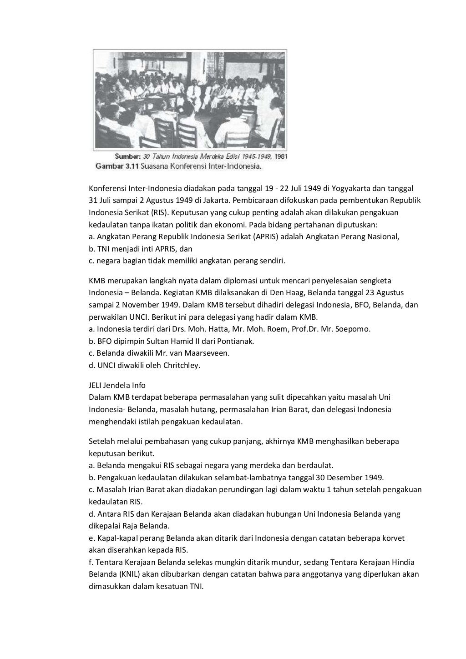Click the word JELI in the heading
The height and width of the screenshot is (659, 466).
tap(96, 385)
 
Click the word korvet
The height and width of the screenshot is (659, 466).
tap(393, 538)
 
